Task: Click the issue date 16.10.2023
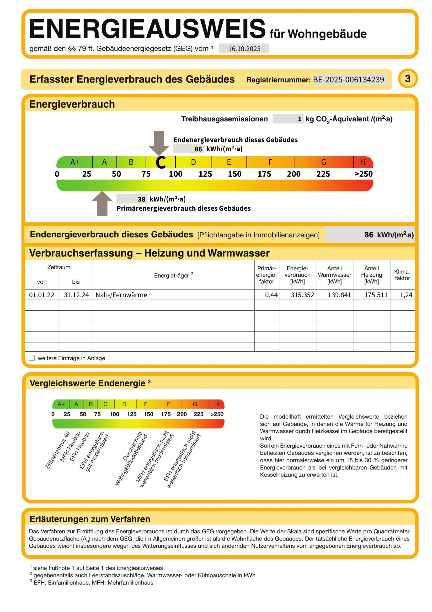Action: click(x=244, y=49)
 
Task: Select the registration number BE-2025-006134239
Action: click(x=348, y=79)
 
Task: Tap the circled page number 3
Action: click(x=407, y=79)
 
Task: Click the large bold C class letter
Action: click(x=161, y=162)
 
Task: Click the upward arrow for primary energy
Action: click(x=102, y=204)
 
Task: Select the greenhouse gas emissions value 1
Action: click(x=299, y=119)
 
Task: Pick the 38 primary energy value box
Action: click(x=132, y=199)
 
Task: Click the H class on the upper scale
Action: click(x=363, y=162)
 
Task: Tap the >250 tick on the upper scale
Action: click(x=363, y=174)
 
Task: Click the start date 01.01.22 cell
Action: click(x=42, y=295)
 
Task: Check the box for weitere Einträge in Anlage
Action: click(x=32, y=358)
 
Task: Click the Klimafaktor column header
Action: click(x=402, y=275)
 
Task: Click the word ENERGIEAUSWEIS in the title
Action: click(x=147, y=29)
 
